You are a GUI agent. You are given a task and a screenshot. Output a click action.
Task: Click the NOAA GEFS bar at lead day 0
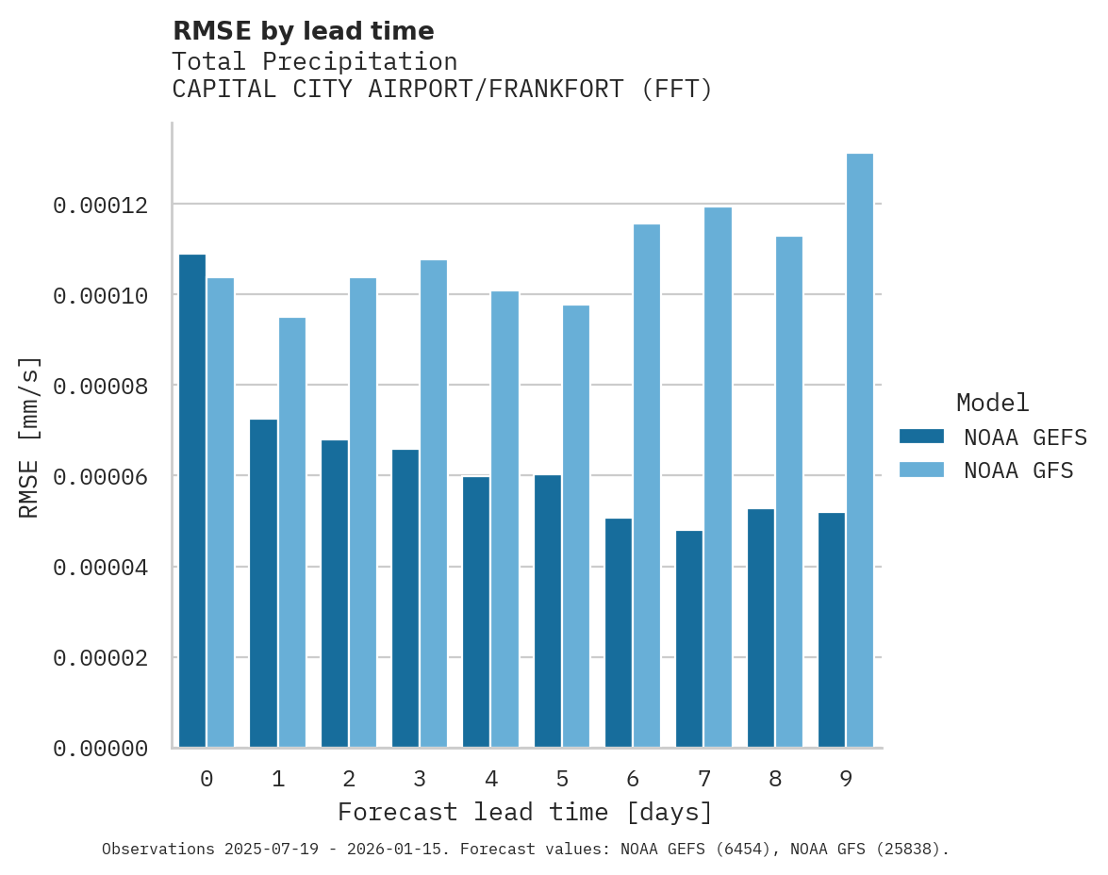(192, 501)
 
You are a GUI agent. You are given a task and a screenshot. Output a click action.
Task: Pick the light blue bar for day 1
(292, 533)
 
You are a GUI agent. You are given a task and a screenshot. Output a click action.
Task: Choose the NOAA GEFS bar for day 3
(405, 599)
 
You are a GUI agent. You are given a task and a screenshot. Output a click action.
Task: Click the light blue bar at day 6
(647, 486)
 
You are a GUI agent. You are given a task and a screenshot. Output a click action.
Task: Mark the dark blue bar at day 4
(476, 612)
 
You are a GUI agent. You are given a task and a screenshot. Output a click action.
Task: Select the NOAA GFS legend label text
(1018, 471)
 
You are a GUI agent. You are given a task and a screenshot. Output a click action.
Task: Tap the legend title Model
(992, 403)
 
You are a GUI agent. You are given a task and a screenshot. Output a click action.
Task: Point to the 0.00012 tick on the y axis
(100, 205)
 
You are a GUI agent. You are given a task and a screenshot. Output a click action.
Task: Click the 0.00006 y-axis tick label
(100, 476)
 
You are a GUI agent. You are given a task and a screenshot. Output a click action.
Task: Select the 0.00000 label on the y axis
(100, 748)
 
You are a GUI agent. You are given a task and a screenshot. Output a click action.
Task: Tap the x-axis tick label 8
(775, 779)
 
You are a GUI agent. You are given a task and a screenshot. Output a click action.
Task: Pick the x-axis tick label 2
(349, 779)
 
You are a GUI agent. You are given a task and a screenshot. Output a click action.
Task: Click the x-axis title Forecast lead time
(525, 812)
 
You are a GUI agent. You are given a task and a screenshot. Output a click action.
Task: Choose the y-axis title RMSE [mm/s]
(29, 437)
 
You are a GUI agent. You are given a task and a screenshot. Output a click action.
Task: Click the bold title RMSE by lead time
(303, 31)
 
